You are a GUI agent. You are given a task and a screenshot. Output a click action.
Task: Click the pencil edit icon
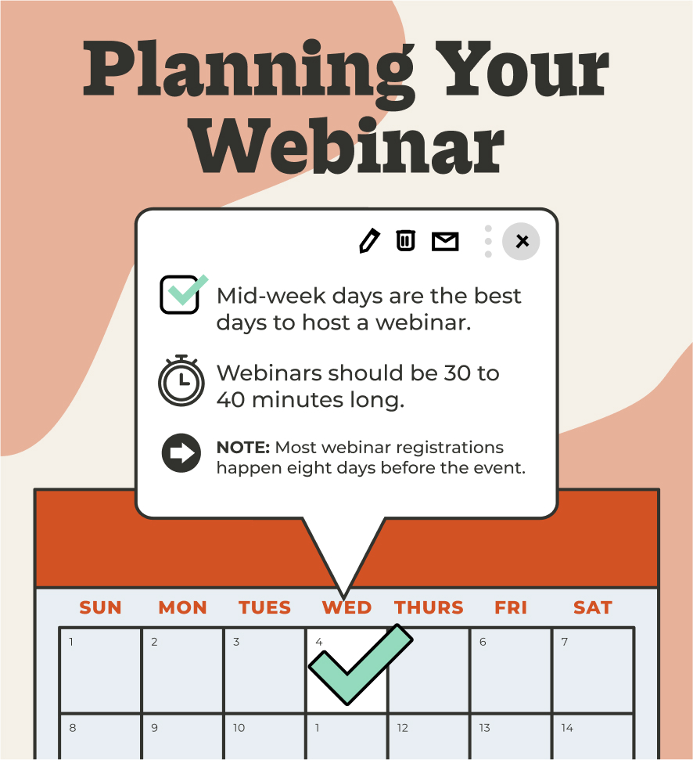tap(369, 241)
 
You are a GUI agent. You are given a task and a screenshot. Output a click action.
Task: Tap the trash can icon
tap(405, 240)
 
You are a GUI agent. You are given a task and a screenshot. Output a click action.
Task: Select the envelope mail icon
tap(445, 241)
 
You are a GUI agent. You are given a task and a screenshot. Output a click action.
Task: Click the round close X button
tap(522, 241)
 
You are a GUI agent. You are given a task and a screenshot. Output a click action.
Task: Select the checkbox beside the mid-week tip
tap(181, 294)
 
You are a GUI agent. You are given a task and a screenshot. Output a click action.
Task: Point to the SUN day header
tap(101, 607)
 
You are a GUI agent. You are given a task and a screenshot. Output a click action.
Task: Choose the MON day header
tap(183, 607)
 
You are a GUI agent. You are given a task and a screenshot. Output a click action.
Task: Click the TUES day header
tap(264, 607)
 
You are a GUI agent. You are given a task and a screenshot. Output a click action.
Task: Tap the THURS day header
tap(429, 607)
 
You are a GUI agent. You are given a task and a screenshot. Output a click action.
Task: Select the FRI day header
tap(511, 607)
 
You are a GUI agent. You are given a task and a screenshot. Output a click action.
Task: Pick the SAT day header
tap(592, 607)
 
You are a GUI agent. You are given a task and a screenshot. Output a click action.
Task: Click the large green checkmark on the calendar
tap(358, 665)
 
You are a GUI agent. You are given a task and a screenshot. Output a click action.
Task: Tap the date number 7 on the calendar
tap(565, 643)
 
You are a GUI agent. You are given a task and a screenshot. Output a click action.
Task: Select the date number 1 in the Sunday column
tap(71, 643)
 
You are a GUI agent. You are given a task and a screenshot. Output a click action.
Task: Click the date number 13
tap(485, 728)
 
